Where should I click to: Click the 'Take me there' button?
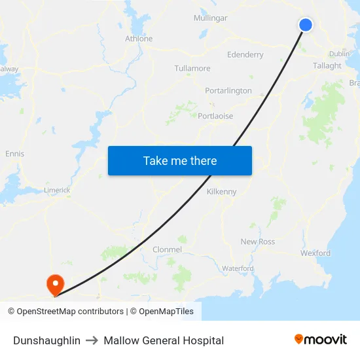(x=179, y=160)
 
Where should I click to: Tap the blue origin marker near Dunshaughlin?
(x=306, y=25)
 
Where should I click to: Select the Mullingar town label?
(x=210, y=18)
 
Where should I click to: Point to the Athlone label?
(x=139, y=39)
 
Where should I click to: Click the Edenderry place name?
(x=245, y=55)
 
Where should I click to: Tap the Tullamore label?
(x=192, y=68)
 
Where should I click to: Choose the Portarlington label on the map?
(x=228, y=90)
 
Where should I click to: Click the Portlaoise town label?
(x=215, y=116)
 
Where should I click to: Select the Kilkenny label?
(x=221, y=192)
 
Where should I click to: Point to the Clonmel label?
(x=166, y=249)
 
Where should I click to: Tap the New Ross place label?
(x=257, y=242)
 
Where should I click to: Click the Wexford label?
(x=315, y=253)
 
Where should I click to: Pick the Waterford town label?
(x=238, y=268)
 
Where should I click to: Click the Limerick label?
(x=57, y=190)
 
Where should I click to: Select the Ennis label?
(x=14, y=154)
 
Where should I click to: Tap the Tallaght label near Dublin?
(x=327, y=65)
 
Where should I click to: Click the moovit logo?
(x=320, y=340)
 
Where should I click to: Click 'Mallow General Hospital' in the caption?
(x=164, y=340)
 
